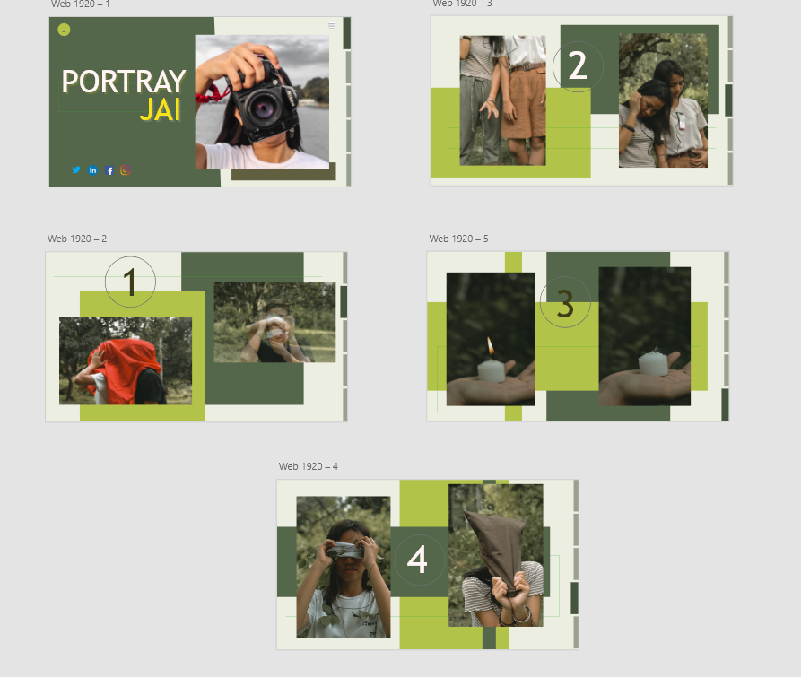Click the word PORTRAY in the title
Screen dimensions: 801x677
124,82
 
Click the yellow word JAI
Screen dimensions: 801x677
161,109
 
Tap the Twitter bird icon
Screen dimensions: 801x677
76,170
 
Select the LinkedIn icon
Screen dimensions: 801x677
92,170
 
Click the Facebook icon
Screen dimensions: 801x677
109,170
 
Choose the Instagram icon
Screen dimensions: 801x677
126,170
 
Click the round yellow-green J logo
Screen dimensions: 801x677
64,30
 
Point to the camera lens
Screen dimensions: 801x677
264,108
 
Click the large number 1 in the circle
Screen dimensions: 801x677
130,282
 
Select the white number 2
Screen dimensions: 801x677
578,65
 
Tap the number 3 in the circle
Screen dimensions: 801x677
565,304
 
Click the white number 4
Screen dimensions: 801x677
417,560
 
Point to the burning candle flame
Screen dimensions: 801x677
491,346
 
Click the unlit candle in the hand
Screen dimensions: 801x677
653,362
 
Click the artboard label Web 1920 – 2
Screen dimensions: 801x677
77,239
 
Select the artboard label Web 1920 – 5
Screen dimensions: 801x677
458,239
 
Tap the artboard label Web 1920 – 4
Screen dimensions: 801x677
308,466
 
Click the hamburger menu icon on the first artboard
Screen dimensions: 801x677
332,25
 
